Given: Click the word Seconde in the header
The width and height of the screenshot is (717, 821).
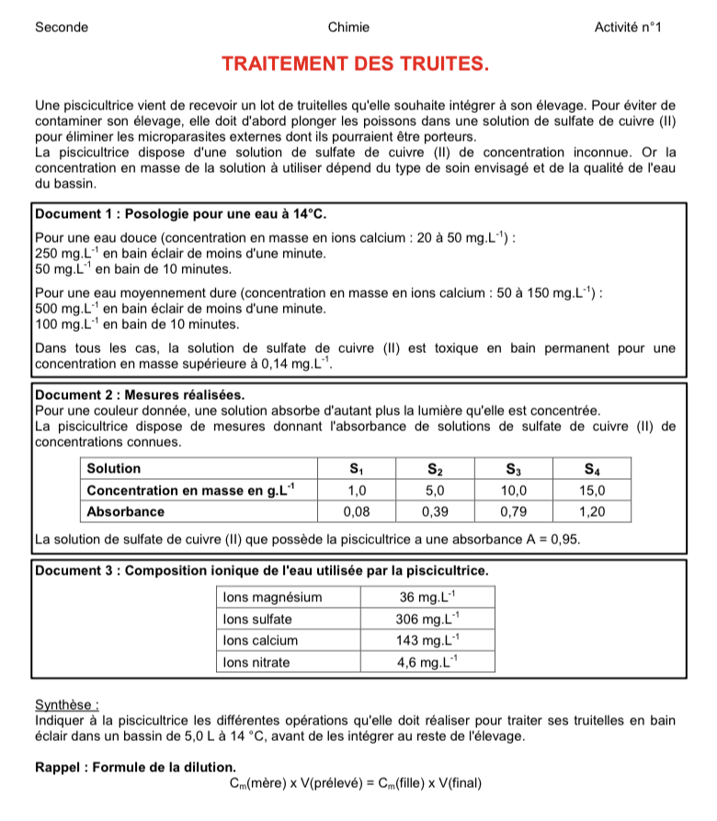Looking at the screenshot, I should click(62, 27).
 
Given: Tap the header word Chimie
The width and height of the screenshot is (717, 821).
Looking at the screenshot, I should click(348, 27).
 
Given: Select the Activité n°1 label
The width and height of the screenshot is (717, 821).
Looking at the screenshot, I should click(629, 27).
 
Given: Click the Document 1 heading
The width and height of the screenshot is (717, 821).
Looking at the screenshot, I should click(180, 214).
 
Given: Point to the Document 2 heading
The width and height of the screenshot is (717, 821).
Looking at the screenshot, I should click(141, 395).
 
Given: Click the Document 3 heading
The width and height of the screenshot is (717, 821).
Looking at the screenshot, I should click(261, 570).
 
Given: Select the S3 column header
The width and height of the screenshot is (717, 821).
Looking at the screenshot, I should click(513, 468).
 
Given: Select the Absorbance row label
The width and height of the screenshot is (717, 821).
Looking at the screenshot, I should click(126, 511).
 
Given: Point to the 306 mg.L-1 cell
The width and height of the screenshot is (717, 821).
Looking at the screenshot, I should click(427, 619).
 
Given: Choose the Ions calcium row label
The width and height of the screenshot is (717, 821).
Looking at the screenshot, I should click(261, 641).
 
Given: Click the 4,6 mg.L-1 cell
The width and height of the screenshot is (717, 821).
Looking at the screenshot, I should click(427, 662).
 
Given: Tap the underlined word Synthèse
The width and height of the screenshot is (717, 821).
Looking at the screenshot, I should click(66, 705).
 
